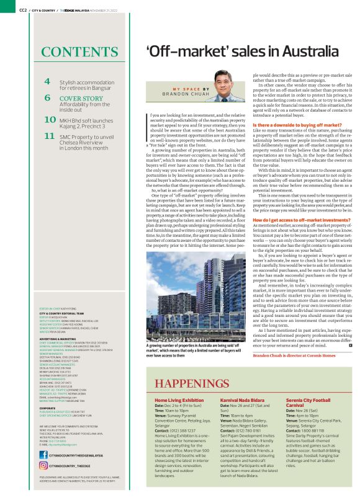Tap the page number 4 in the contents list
(x=47, y=82)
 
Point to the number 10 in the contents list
(x=50, y=120)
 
